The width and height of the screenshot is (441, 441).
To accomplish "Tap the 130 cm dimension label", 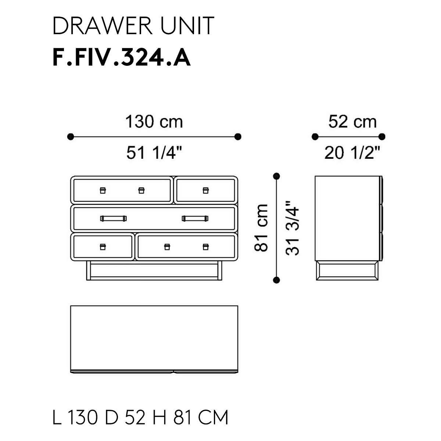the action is (x=154, y=122).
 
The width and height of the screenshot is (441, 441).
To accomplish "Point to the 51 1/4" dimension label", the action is (x=154, y=153).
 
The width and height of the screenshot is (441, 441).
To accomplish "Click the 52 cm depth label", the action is (x=352, y=122).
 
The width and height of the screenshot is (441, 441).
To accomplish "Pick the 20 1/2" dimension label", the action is (x=352, y=153).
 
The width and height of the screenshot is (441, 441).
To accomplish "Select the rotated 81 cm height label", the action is (x=261, y=228).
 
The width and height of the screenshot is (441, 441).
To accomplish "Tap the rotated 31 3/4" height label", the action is (x=292, y=228).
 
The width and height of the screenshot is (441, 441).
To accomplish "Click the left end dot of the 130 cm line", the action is (x=71, y=137).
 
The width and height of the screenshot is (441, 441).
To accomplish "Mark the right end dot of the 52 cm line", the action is (x=382, y=137).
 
